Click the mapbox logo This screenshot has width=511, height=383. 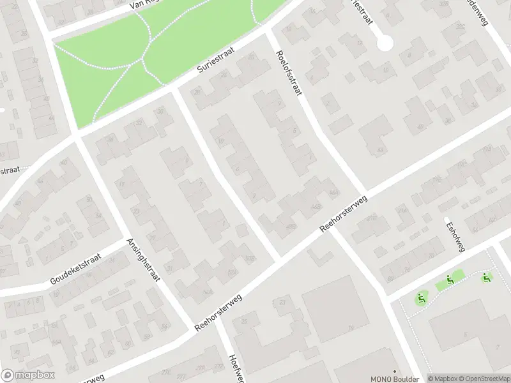(26, 375)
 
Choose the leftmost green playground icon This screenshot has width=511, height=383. (420, 297)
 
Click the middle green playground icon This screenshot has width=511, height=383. (450, 279)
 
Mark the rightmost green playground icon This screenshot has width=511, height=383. (486, 277)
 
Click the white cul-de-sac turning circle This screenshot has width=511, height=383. (385, 43)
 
